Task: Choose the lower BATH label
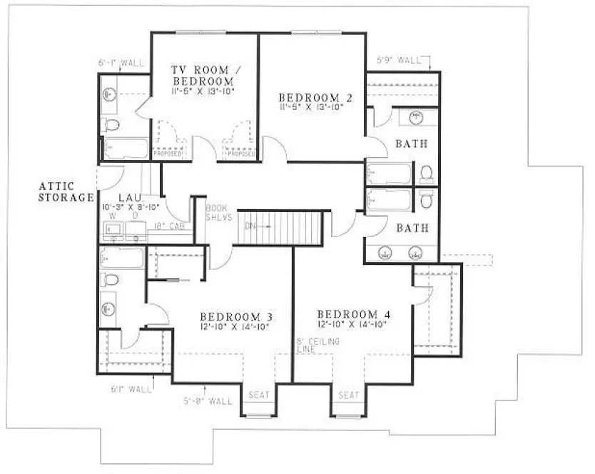[412, 228]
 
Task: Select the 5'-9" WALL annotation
[399, 61]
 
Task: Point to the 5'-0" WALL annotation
[208, 401]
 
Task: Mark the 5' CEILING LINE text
[317, 346]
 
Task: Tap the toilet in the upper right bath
[427, 173]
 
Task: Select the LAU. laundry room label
[130, 196]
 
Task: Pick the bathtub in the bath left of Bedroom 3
[123, 257]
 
